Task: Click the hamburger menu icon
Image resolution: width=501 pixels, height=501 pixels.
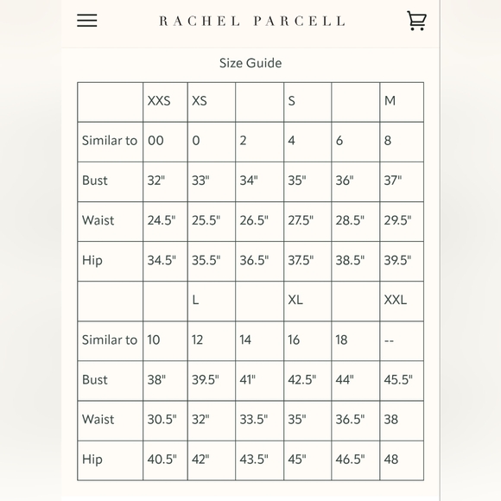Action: pos(87,21)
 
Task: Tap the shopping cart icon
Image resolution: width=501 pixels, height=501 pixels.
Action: pos(416,21)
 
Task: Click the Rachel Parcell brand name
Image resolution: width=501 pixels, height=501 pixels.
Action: pos(251,21)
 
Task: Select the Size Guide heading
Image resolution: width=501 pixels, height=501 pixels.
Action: pos(250,63)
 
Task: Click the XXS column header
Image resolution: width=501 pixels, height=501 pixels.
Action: pos(159,101)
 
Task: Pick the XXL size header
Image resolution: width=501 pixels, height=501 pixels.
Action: pos(396,300)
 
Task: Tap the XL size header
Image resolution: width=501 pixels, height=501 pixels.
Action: pos(296,300)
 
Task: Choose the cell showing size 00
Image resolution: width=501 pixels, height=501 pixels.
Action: pos(155,141)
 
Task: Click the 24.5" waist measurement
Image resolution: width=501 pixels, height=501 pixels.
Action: pos(162,220)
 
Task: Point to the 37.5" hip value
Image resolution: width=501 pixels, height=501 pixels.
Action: pos(301,260)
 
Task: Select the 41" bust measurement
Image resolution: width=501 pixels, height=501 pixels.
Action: pos(248,379)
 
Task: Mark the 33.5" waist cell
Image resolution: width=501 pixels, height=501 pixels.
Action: pos(254,419)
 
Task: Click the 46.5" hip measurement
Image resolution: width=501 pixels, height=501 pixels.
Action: pos(350,459)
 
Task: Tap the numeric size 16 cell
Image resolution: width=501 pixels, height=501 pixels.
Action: pos(294,339)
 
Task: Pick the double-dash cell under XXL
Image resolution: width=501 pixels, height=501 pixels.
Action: pos(389,340)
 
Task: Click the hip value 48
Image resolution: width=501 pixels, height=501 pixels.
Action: pos(391,459)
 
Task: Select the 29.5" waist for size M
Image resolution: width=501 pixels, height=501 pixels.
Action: pos(397,220)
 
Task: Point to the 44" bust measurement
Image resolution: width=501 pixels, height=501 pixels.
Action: pos(345,379)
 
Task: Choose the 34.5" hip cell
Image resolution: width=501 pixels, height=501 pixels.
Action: pos(162,260)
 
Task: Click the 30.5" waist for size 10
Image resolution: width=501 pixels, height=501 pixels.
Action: pos(162,419)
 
